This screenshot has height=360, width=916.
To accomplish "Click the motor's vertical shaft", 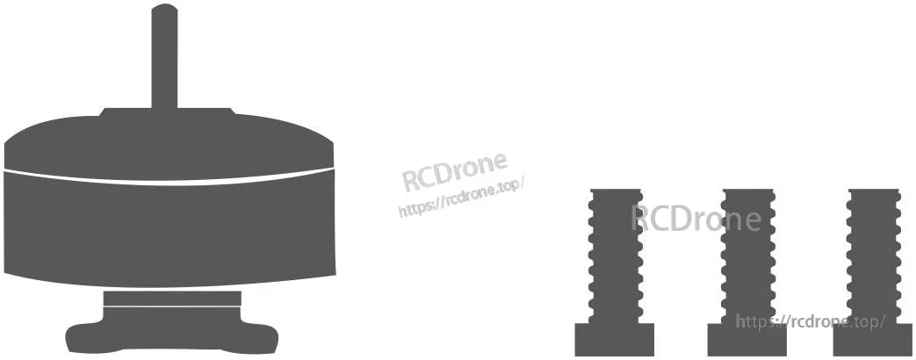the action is coord(164,57).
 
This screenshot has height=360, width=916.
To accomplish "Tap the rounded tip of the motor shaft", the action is coord(164,7).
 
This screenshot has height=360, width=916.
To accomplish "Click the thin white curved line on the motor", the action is coord(169,177).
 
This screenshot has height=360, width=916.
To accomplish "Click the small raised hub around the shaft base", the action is coord(168,112).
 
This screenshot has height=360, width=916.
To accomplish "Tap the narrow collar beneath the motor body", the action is coord(172,299).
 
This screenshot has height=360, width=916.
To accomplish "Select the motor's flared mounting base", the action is coord(172,331).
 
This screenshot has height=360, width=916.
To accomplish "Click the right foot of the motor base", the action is coord(259,338).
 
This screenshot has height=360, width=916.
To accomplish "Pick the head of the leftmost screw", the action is coord(615,340).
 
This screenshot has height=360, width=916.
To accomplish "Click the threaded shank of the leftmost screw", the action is coord(616,256).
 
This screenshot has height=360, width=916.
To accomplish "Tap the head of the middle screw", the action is coord(747,340).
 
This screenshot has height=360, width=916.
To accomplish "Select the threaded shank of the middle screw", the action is coord(748,256).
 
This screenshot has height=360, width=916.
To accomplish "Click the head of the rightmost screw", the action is coord(874,340).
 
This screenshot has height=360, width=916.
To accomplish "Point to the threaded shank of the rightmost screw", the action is coord(874,256).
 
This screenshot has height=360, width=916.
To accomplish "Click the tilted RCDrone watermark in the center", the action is coord(455,171).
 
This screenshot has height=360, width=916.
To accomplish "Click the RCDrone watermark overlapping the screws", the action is coord(696,219).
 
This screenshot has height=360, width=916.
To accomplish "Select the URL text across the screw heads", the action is coord(811,320).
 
